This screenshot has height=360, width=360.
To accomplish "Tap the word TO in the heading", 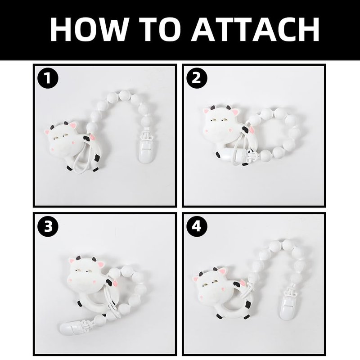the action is click(160, 29).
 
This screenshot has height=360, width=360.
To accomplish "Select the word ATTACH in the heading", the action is click(256, 29).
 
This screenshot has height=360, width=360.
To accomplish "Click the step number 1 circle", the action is click(48, 78).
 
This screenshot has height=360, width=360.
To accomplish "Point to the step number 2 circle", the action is click(197, 78).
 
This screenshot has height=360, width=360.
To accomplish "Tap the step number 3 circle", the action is click(48, 227).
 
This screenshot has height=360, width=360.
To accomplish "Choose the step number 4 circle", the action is click(197, 227).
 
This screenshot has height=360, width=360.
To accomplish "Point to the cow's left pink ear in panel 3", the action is click(72, 260).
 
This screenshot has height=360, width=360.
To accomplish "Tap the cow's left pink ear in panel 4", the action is click(196, 279).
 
